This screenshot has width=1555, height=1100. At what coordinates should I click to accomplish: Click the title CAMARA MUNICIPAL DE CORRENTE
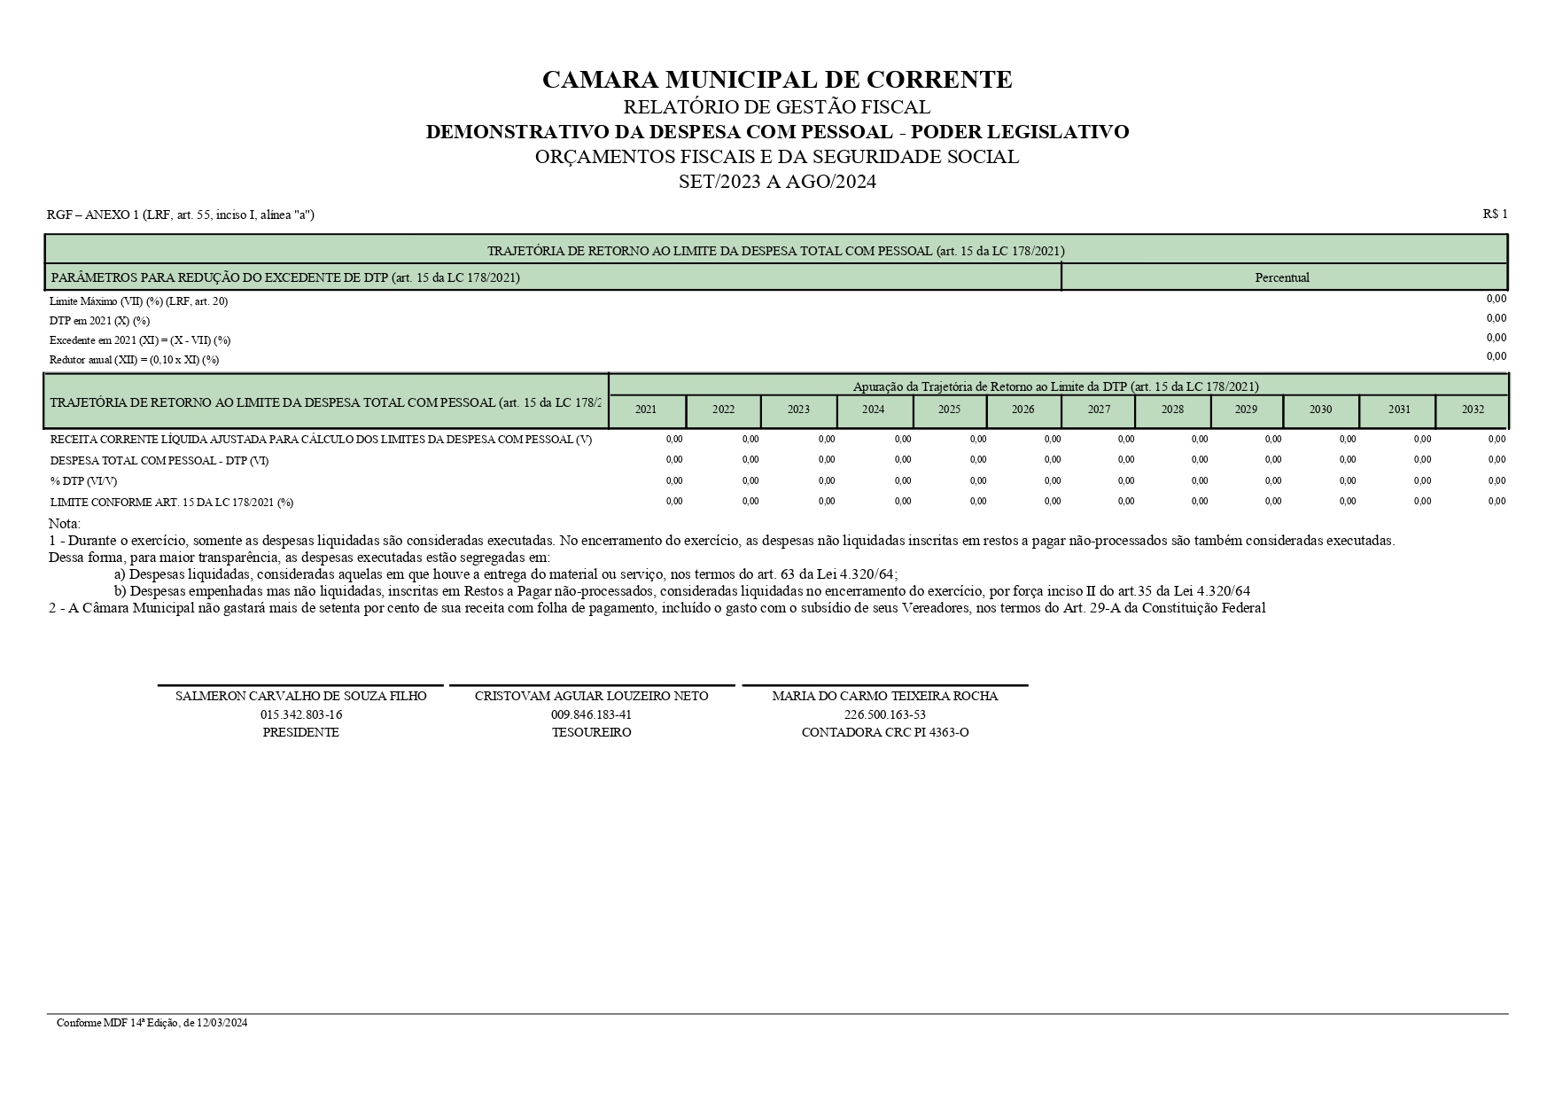point(776,80)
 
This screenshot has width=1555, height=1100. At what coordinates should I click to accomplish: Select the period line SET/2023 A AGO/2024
point(776,182)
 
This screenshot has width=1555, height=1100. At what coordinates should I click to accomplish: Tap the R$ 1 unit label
point(1494,214)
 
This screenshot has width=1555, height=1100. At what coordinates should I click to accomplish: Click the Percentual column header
point(1281,277)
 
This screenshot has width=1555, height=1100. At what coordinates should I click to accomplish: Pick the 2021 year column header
point(646,410)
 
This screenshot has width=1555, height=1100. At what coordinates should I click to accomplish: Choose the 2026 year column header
point(1022,410)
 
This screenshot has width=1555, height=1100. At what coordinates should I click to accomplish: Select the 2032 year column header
point(1473,410)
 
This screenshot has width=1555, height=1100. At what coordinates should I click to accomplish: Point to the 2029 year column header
point(1246,410)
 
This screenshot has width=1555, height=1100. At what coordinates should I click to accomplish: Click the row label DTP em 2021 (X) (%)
point(99,321)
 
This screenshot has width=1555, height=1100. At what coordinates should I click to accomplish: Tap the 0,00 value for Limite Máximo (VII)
point(1496,299)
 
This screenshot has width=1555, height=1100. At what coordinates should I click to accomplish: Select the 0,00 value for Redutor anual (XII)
point(1496,356)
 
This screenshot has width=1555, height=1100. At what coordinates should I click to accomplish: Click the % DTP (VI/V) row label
point(83,481)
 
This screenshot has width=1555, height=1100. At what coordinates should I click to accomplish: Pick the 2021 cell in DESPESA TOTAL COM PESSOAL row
point(673,460)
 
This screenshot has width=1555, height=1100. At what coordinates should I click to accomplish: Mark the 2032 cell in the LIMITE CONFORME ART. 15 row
point(1496,502)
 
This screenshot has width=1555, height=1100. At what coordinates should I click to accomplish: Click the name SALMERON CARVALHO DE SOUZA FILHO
point(301,696)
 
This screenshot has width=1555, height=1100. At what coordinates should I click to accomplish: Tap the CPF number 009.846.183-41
point(591,714)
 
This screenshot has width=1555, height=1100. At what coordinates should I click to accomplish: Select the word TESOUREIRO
point(591,732)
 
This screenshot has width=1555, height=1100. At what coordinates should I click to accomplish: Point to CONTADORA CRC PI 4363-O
point(884,732)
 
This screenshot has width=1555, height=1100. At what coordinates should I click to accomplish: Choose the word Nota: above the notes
point(65,524)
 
